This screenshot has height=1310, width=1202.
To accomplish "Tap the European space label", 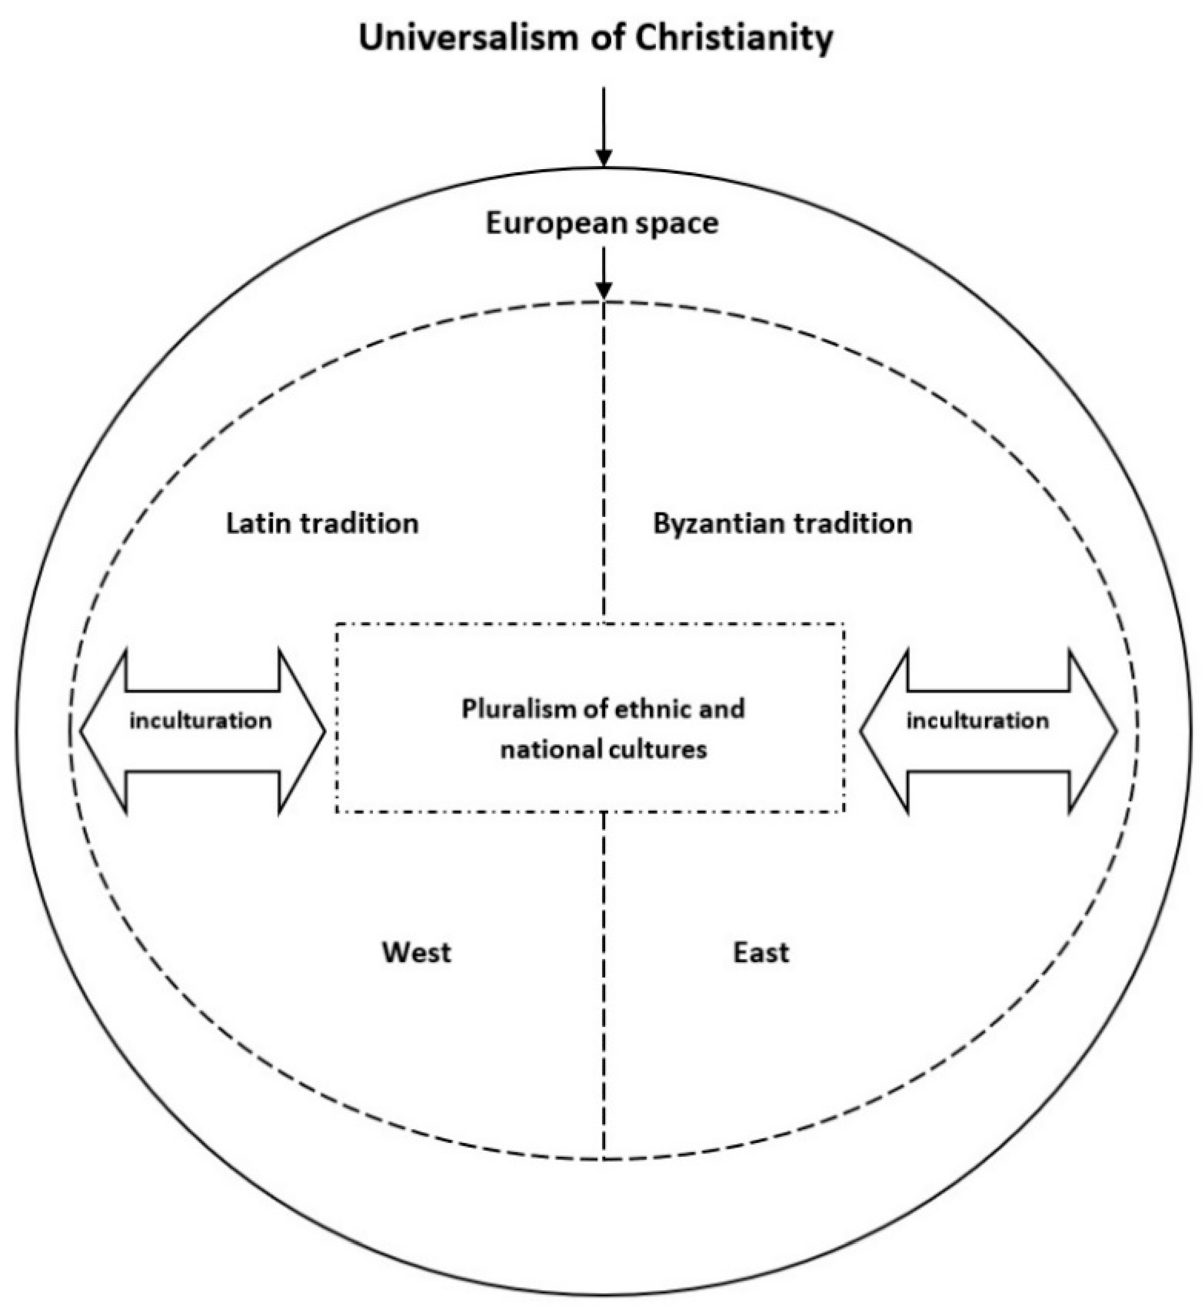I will pyautogui.click(x=602, y=224).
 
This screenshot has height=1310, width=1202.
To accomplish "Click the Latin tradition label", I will pyautogui.click(x=322, y=524).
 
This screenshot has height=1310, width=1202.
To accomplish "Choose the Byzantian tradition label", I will pyautogui.click(x=782, y=524).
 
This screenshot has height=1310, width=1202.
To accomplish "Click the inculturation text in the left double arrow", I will pyautogui.click(x=200, y=721).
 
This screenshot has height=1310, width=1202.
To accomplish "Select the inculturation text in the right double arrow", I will pyautogui.click(x=977, y=721).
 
